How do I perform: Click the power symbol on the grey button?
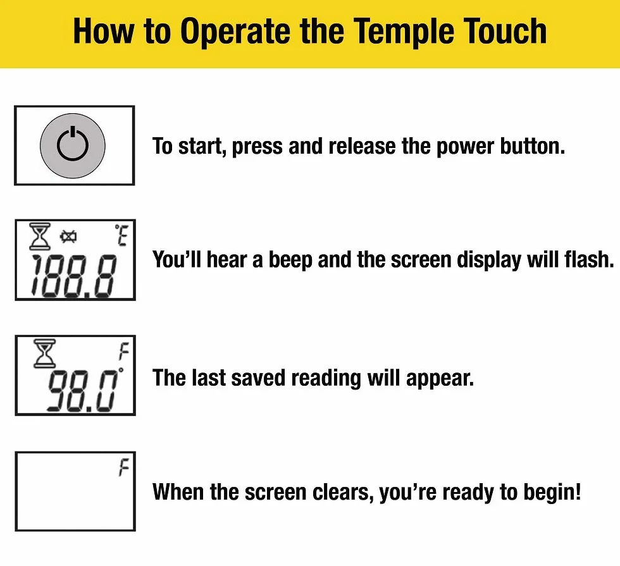coord(72,144)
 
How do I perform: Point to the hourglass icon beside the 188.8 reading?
coord(40,236)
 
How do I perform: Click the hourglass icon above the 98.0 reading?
coord(44,353)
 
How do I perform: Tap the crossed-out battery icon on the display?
coord(68,237)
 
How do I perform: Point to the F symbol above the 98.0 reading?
coord(124,352)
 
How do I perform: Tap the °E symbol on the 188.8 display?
coord(121,235)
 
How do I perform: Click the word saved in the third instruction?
coord(258,378)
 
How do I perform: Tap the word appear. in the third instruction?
coord(440,379)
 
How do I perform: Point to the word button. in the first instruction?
coord(533,146)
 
